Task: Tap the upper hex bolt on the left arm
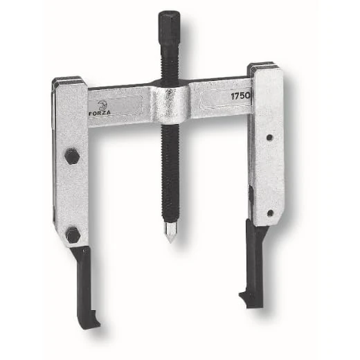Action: coord(71,156)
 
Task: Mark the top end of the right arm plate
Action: coord(264,68)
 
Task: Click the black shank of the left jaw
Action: coord(82,277)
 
